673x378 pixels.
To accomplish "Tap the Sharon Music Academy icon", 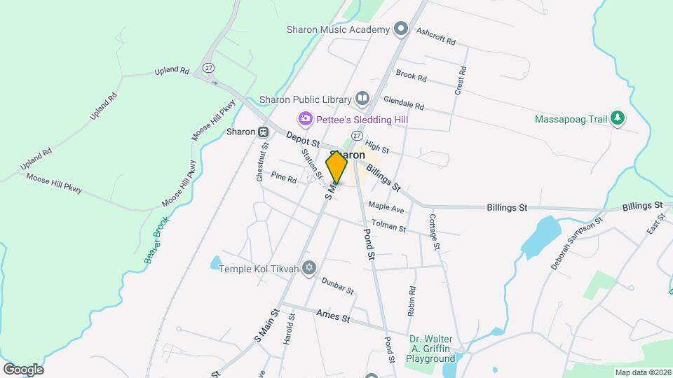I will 401,29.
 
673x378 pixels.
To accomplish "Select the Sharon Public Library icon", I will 362,99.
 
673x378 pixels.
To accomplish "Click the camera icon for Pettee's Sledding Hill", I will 305,119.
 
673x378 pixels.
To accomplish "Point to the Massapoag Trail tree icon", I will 617,118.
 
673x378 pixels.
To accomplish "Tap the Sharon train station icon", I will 263,132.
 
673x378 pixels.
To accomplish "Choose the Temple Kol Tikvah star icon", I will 310,268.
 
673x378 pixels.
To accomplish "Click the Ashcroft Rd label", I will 435,36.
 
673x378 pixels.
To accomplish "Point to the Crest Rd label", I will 461,81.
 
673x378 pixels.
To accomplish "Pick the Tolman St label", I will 388,226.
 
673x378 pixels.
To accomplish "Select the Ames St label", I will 332,316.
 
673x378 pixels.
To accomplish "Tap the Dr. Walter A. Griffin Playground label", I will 432,349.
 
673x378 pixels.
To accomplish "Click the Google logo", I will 23,369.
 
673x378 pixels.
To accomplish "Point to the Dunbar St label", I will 337,285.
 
